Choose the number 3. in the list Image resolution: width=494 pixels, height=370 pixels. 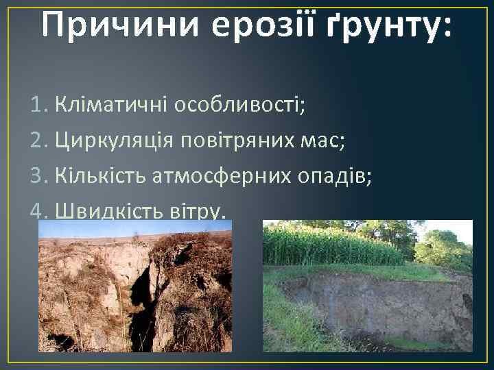click(x=40, y=176)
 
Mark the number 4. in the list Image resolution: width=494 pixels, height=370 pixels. click(x=40, y=210)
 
